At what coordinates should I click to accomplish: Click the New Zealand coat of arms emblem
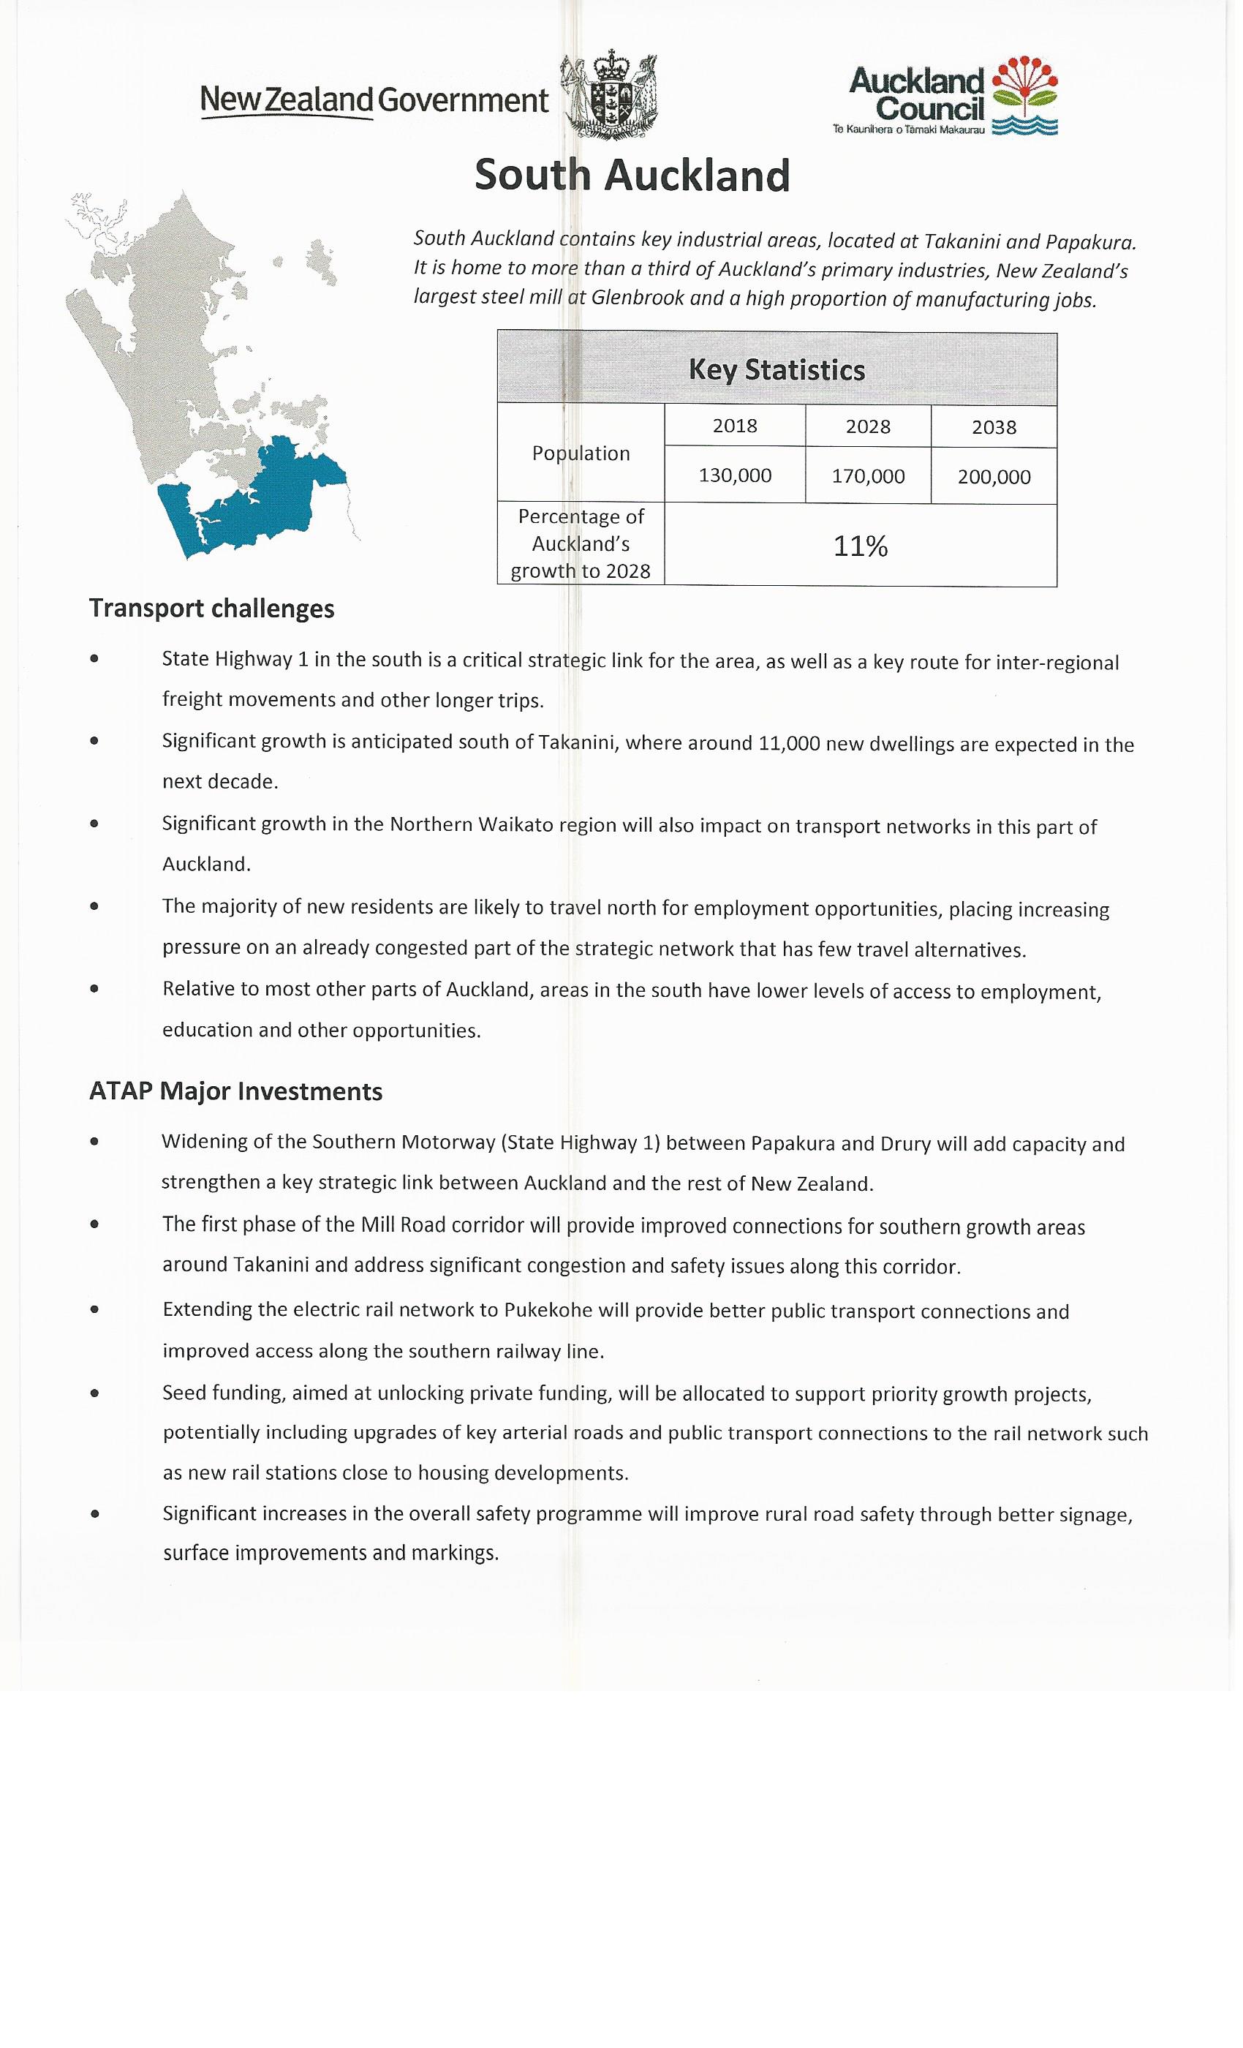[610, 98]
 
